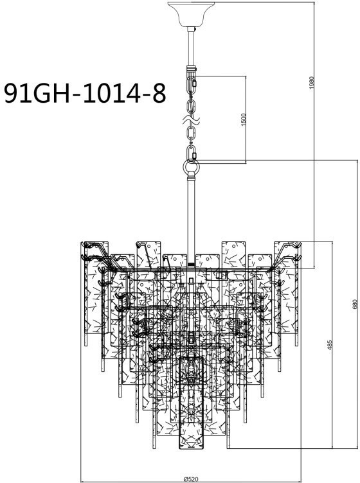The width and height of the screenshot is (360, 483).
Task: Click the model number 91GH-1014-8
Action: [x=84, y=92]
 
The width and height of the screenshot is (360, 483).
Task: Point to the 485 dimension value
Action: [x=329, y=345]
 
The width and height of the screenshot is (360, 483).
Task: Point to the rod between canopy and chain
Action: [x=190, y=48]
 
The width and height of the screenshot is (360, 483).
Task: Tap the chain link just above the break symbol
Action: [x=190, y=105]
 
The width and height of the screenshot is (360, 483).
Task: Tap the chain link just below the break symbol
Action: [x=191, y=134]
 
